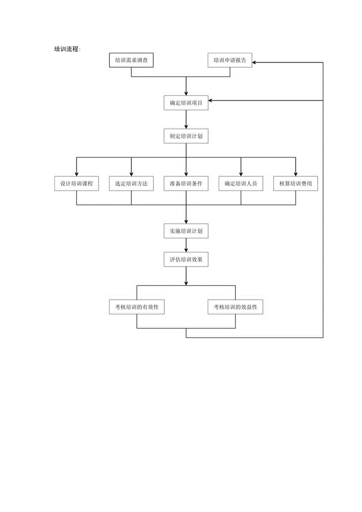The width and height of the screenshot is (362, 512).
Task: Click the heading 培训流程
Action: click(67, 49)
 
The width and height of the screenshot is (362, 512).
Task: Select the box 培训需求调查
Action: click(131, 60)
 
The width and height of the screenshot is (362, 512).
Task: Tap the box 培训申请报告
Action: click(230, 60)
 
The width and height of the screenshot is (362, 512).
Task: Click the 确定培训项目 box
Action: click(186, 103)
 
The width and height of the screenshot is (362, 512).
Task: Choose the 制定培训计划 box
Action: click(186, 136)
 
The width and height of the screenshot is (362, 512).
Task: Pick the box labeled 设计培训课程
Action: click(76, 184)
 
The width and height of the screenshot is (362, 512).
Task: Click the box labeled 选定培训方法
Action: click(131, 184)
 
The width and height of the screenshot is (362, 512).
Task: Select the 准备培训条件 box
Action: click(186, 184)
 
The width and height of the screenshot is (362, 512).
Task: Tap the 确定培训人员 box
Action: click(241, 184)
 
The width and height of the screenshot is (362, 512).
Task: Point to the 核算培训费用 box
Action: click(296, 184)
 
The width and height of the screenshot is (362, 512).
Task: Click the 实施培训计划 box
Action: click(186, 231)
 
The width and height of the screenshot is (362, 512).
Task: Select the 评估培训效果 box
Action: click(186, 259)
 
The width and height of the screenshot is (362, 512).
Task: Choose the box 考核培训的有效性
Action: click(137, 307)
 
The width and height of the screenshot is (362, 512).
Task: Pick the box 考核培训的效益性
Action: click(235, 307)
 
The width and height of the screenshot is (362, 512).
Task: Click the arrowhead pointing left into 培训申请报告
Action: click(255, 62)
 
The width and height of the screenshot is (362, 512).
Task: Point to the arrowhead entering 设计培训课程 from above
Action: click(76, 174)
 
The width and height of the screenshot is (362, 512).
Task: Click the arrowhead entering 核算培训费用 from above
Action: click(296, 174)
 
